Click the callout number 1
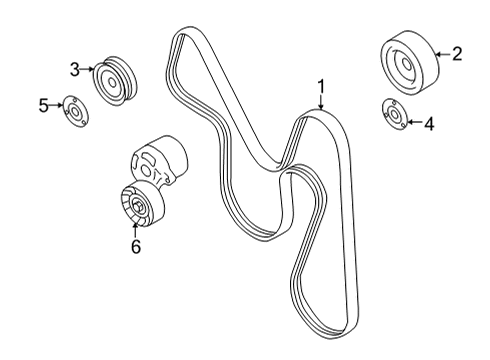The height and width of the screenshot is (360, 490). tap(321, 86)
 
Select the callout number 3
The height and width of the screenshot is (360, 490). tap(75, 70)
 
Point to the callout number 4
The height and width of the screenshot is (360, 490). tap(429, 125)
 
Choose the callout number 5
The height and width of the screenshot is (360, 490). tap(44, 104)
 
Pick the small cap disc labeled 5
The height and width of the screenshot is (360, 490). tap(73, 110)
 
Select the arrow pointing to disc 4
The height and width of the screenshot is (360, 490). tap(414, 123)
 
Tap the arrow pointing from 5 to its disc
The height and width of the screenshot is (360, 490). tap(56, 105)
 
